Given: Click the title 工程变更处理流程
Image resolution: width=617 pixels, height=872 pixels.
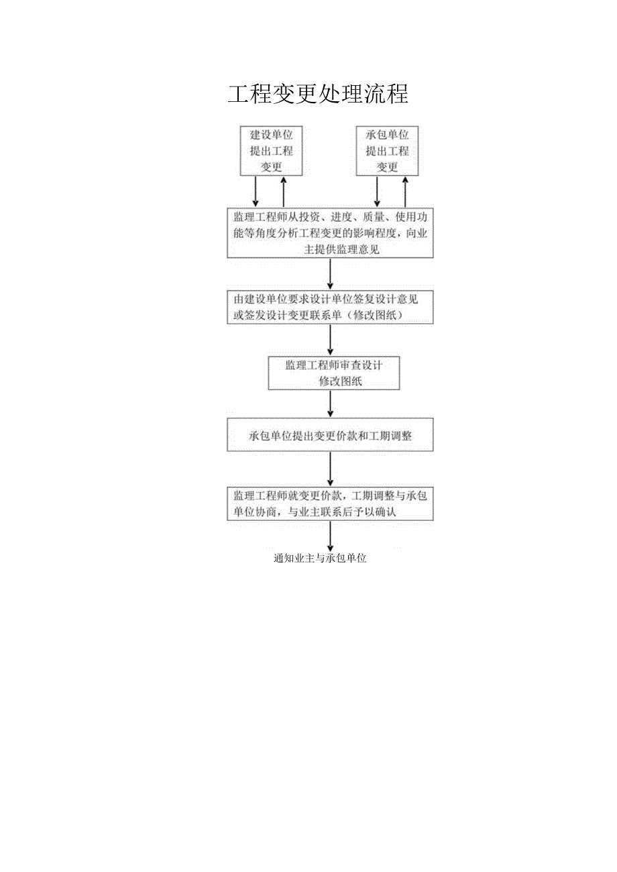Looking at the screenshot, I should pyautogui.click(x=318, y=95).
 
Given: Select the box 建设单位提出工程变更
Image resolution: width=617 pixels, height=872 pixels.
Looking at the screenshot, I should pyautogui.click(x=272, y=151).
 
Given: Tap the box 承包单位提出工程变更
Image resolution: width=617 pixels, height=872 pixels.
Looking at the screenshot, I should pyautogui.click(x=387, y=151).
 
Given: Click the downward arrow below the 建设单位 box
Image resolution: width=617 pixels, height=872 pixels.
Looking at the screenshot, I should pyautogui.click(x=256, y=192).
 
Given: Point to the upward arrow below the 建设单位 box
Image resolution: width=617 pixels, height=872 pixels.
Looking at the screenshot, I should pyautogui.click(x=284, y=192).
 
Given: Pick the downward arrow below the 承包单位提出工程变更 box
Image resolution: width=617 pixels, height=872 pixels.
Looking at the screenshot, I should pyautogui.click(x=377, y=192).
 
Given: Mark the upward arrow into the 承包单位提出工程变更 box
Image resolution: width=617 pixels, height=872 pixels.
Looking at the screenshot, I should pyautogui.click(x=405, y=192).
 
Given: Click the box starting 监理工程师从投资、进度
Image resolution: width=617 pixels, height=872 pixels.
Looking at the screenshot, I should pyautogui.click(x=330, y=233).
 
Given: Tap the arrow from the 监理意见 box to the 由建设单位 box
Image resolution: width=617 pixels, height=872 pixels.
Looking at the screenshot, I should pyautogui.click(x=330, y=275).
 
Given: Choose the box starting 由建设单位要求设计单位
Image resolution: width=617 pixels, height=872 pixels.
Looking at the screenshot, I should pyautogui.click(x=330, y=308).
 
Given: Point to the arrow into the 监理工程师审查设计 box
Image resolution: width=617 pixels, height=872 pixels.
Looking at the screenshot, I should pyautogui.click(x=330, y=341).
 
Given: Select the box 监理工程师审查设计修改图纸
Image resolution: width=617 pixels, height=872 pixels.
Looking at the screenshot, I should pyautogui.click(x=333, y=373).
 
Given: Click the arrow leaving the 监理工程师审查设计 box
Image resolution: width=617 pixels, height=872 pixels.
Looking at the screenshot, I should pyautogui.click(x=330, y=404).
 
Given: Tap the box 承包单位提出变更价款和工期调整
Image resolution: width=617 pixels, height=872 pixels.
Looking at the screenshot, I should pyautogui.click(x=330, y=436).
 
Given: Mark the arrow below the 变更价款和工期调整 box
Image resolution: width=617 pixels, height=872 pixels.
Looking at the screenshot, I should pyautogui.click(x=330, y=470).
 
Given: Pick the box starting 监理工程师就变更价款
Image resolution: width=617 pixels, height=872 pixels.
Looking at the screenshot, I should pyautogui.click(x=330, y=504).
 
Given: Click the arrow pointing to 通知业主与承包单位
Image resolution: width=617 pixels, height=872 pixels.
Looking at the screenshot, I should pyautogui.click(x=330, y=538).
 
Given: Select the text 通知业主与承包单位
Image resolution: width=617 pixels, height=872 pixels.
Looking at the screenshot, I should pyautogui.click(x=321, y=559).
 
